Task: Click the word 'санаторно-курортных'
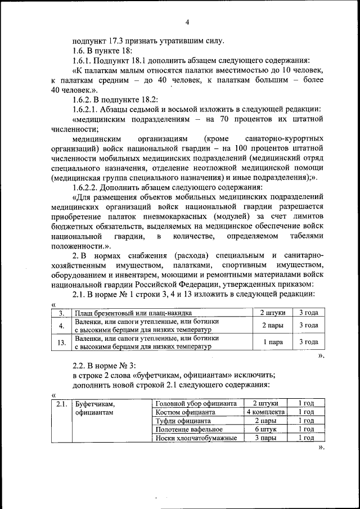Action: (x=285, y=138)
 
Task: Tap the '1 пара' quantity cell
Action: (x=273, y=341)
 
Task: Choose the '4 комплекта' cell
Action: (x=266, y=412)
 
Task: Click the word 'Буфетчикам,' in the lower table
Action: (x=95, y=404)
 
